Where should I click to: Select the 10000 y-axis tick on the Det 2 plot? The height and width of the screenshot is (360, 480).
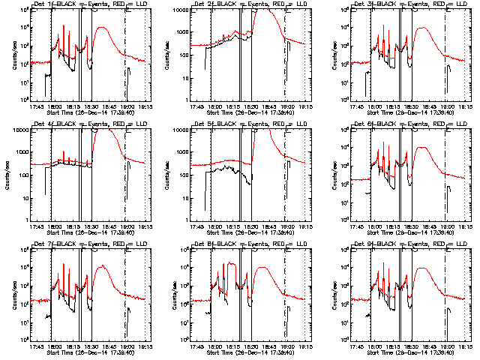coord(185,10)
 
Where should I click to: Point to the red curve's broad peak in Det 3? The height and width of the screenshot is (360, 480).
coord(424,28)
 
